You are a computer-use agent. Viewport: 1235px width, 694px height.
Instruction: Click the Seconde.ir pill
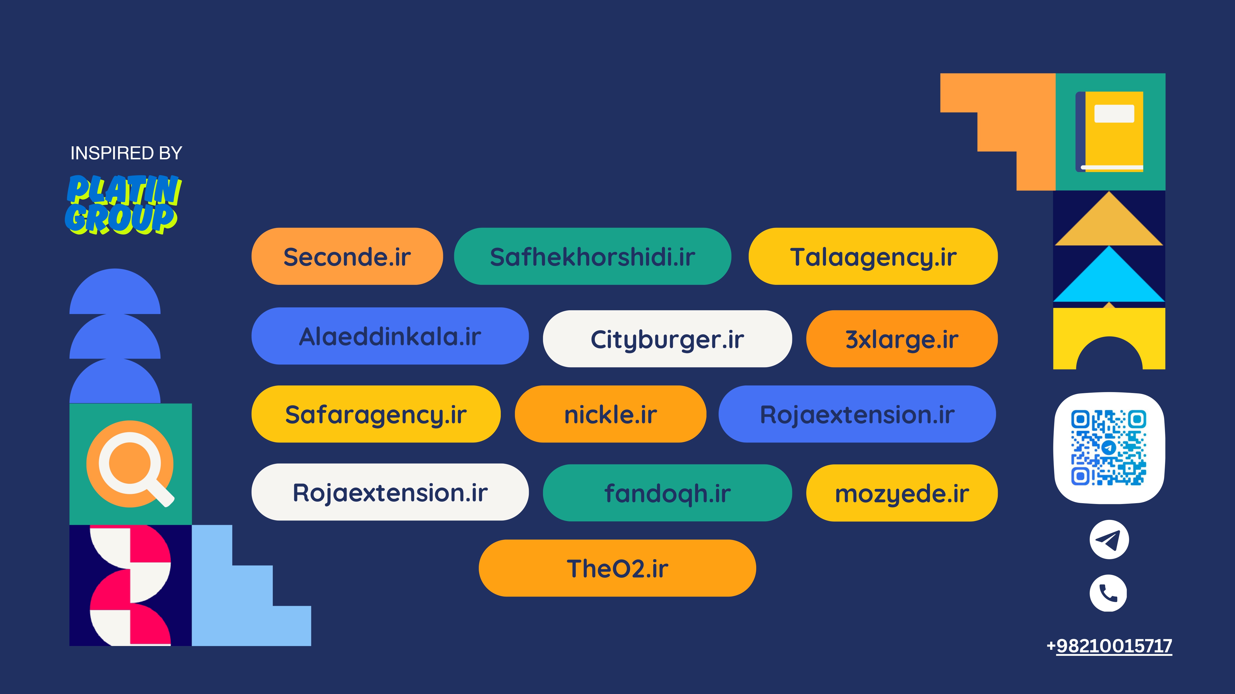pyautogui.click(x=347, y=256)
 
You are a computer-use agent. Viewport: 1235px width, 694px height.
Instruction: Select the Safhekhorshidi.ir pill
pyautogui.click(x=592, y=256)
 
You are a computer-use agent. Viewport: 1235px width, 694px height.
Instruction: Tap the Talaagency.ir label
pyautogui.click(x=873, y=256)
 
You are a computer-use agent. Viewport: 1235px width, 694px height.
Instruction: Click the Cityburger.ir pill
pyautogui.click(x=667, y=339)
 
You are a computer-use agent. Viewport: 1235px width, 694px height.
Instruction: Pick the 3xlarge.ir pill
pyautogui.click(x=902, y=339)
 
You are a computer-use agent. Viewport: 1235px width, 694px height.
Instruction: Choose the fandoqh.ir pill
pyautogui.click(x=667, y=493)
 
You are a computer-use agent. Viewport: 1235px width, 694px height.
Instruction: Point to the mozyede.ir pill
pyautogui.click(x=902, y=493)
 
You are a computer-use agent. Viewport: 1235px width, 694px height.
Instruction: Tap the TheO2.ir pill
pyautogui.click(x=617, y=568)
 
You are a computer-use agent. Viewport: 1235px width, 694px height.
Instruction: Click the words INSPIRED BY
pyautogui.click(x=126, y=153)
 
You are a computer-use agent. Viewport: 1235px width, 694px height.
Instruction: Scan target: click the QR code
pyautogui.click(x=1109, y=448)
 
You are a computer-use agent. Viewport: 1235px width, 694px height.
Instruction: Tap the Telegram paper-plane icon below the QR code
pyautogui.click(x=1109, y=540)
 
